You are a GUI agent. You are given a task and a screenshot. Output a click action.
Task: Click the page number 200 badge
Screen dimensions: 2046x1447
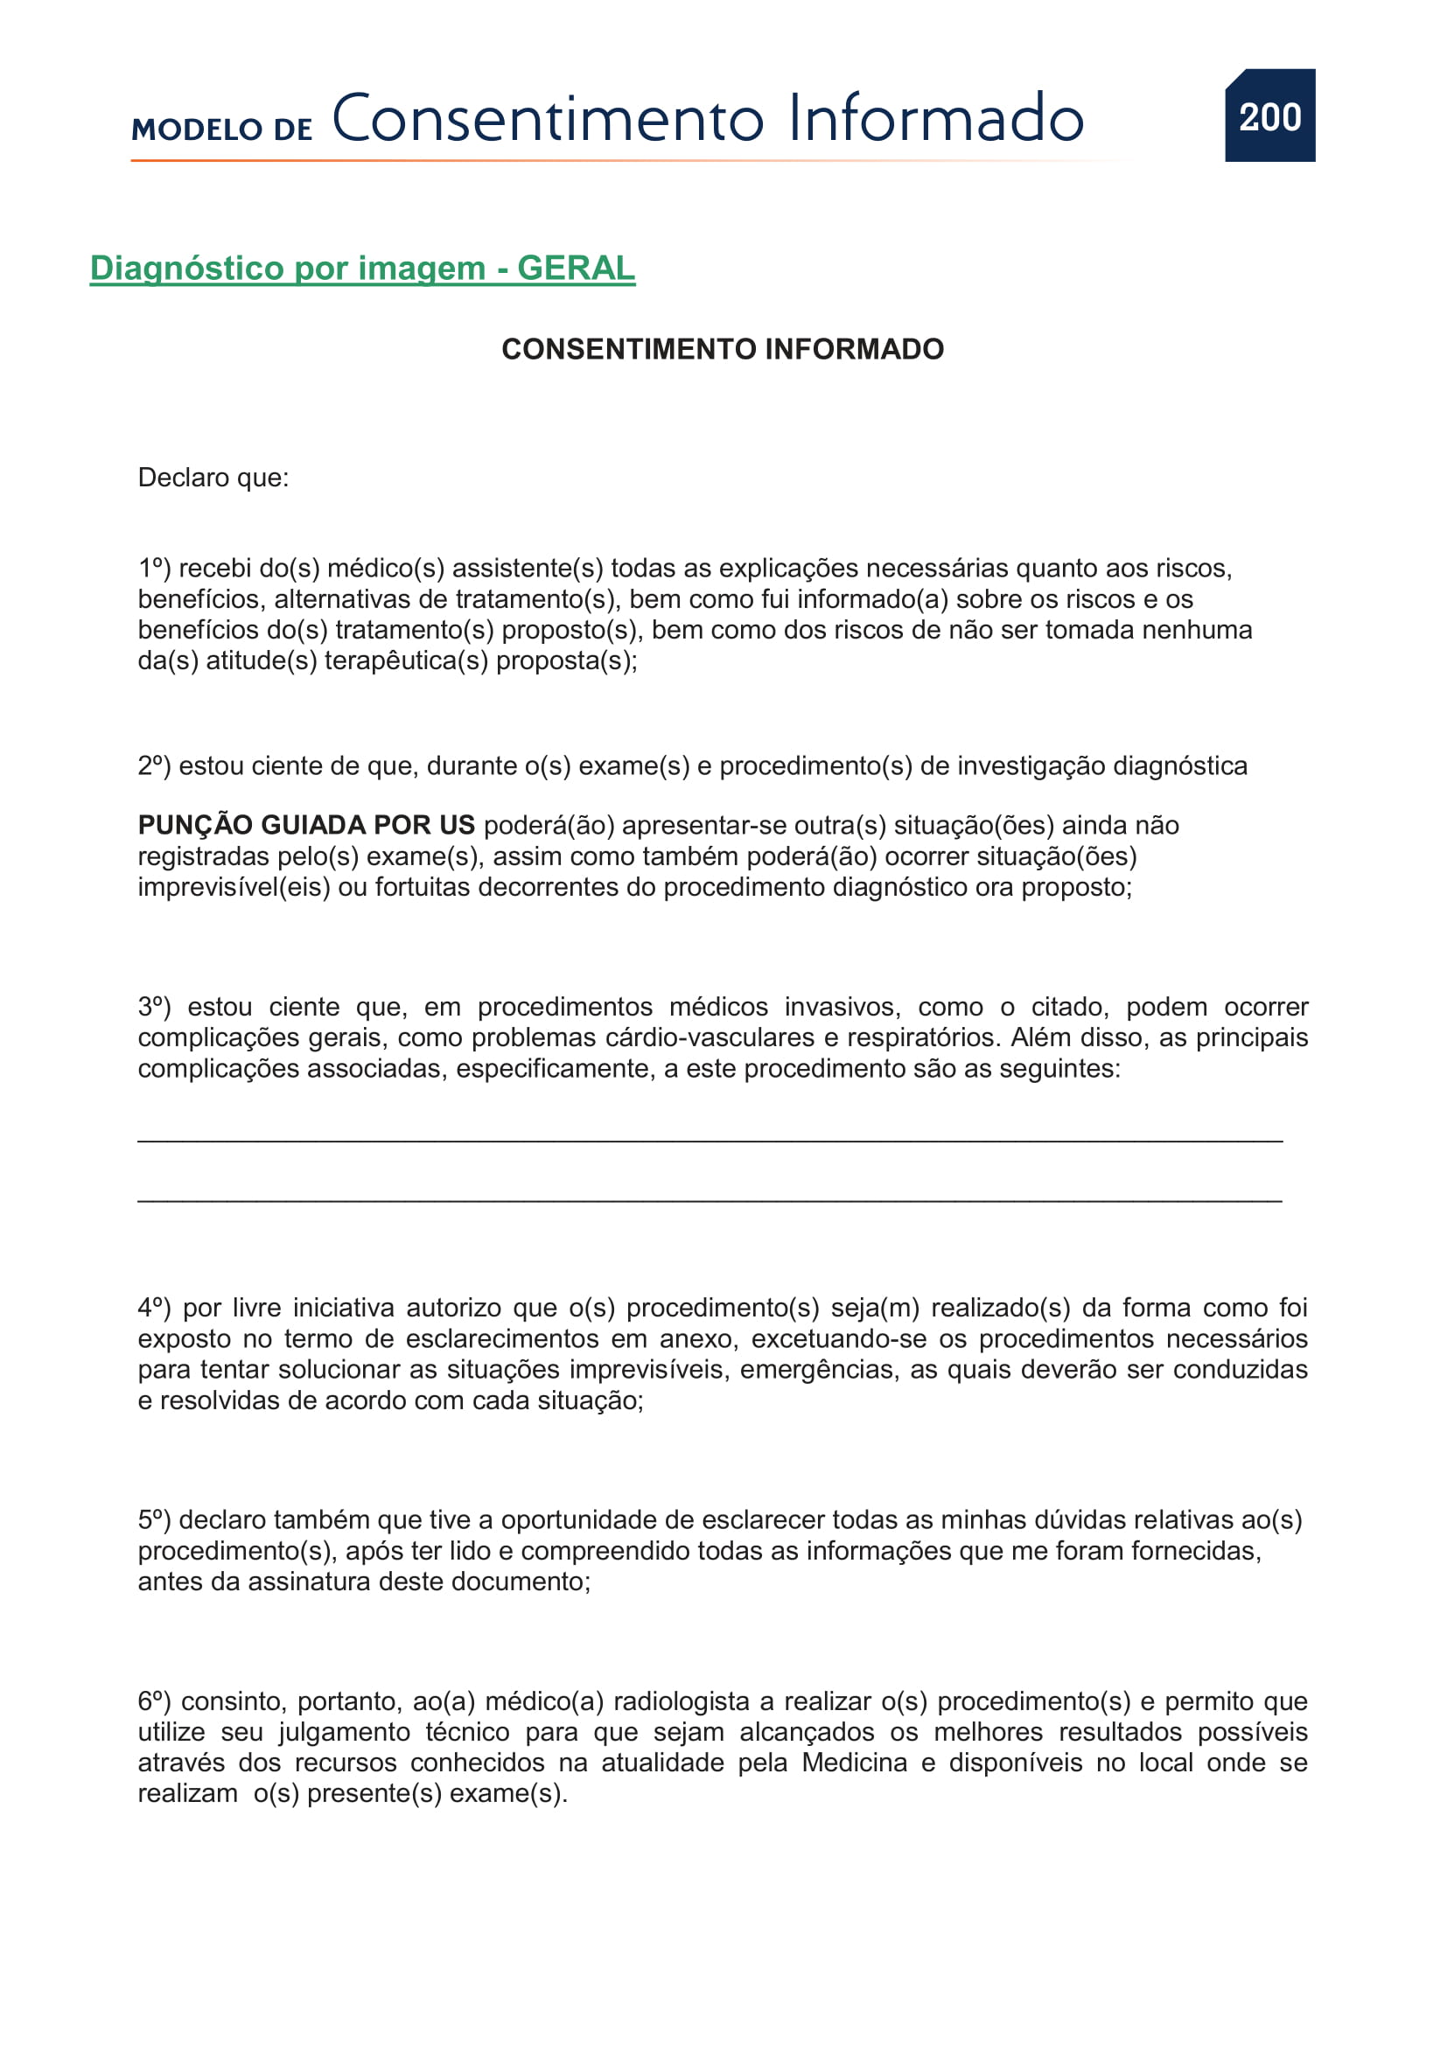coord(1269,115)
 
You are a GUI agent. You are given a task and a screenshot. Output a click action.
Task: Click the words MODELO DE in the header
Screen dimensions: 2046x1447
coord(222,129)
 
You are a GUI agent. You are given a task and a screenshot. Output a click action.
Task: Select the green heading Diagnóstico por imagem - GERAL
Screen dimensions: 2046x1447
coord(362,269)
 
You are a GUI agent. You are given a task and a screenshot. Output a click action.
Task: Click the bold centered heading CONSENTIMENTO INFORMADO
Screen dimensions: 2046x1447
coord(723,349)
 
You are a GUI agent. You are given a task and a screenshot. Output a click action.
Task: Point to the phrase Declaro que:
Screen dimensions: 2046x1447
coord(213,478)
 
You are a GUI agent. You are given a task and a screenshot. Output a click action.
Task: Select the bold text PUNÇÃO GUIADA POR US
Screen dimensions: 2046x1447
coord(305,825)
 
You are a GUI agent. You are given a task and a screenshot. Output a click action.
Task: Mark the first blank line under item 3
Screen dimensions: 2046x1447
coord(710,1142)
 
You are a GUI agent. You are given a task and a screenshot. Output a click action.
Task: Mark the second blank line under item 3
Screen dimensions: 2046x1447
coord(710,1202)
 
